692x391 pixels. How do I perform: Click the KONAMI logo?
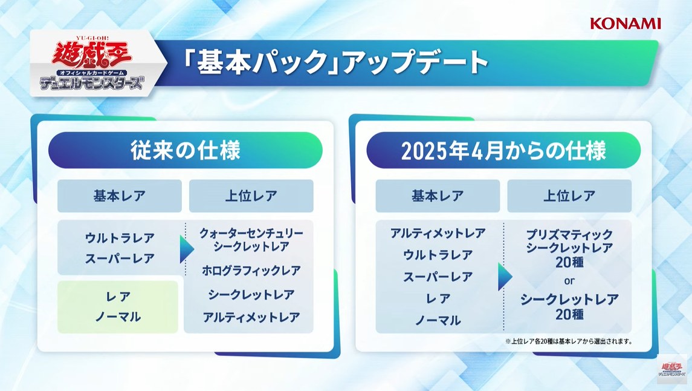tap(626, 24)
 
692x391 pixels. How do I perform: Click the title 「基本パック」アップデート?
tap(336, 62)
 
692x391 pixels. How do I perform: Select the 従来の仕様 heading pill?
tap(186, 150)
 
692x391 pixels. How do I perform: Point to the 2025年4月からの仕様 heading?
tap(503, 150)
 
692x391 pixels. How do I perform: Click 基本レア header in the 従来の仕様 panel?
tap(120, 195)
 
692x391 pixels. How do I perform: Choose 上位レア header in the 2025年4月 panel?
tap(569, 195)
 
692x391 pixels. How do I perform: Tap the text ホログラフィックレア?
tap(251, 271)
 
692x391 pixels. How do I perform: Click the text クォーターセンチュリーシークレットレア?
tap(251, 240)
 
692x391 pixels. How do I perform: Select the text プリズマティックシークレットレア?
tap(569, 241)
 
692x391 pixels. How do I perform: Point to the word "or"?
tap(569, 281)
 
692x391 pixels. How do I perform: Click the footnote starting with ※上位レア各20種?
tap(569, 341)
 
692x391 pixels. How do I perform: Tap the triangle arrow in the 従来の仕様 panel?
tap(187, 249)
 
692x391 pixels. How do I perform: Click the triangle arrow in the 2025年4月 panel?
tap(505, 277)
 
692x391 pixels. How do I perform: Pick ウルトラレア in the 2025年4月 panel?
tap(438, 255)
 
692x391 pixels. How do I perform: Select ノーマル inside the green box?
tap(118, 317)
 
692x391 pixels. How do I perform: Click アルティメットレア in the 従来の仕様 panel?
tap(251, 317)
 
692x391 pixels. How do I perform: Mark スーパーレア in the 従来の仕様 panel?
tap(120, 258)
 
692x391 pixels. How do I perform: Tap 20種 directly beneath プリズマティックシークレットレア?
tap(569, 262)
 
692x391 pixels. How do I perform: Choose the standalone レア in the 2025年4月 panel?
tap(438, 298)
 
